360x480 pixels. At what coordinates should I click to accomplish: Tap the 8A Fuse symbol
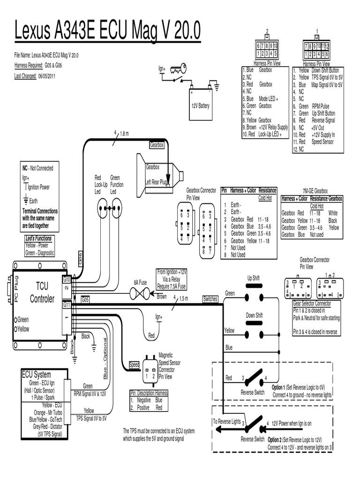click(139, 294)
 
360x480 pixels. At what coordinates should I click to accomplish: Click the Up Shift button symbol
click(253, 294)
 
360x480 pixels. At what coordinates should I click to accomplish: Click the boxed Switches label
click(210, 299)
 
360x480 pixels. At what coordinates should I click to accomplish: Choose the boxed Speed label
click(135, 365)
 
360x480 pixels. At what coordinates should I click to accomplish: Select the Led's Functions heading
click(39, 239)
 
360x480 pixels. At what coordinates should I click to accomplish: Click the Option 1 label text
click(278, 388)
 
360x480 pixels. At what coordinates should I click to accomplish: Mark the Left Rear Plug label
click(157, 182)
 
